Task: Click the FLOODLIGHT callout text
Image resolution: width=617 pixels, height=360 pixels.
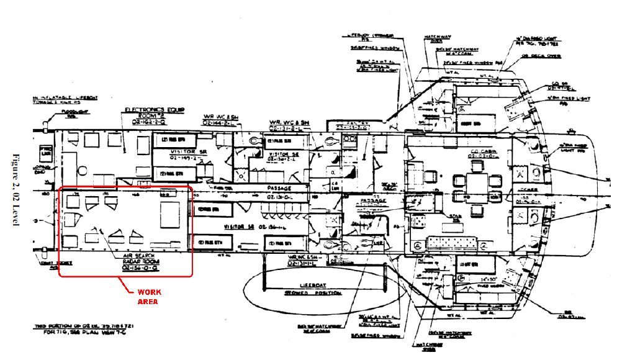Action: click(x=72, y=114)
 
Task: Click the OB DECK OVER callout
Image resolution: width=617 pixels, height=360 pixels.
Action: click(x=547, y=56)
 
